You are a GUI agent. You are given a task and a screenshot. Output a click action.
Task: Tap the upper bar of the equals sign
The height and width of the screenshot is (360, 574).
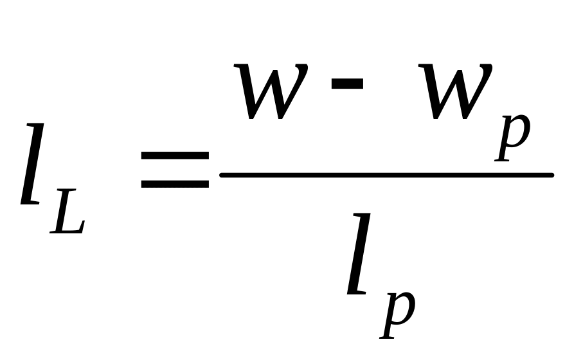click(175, 156)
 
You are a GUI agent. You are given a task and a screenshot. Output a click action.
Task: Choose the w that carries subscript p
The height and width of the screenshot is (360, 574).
click(454, 90)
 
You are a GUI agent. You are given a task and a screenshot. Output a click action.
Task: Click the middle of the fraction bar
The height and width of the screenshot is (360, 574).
click(386, 174)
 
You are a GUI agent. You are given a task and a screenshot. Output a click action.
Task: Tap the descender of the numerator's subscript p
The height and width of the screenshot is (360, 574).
click(501, 154)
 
